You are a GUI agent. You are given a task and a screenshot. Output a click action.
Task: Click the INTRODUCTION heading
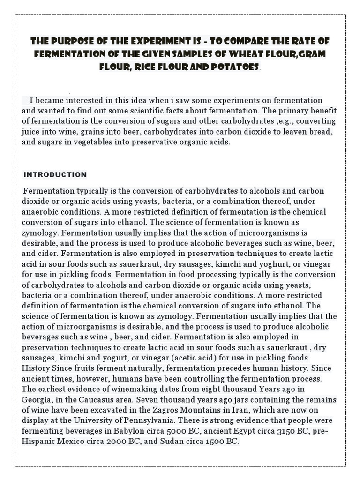55,175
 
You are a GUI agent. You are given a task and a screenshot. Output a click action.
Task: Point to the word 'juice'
30,131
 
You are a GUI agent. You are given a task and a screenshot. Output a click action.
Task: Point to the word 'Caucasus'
98,399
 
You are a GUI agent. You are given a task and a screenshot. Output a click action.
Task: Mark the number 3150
275,431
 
